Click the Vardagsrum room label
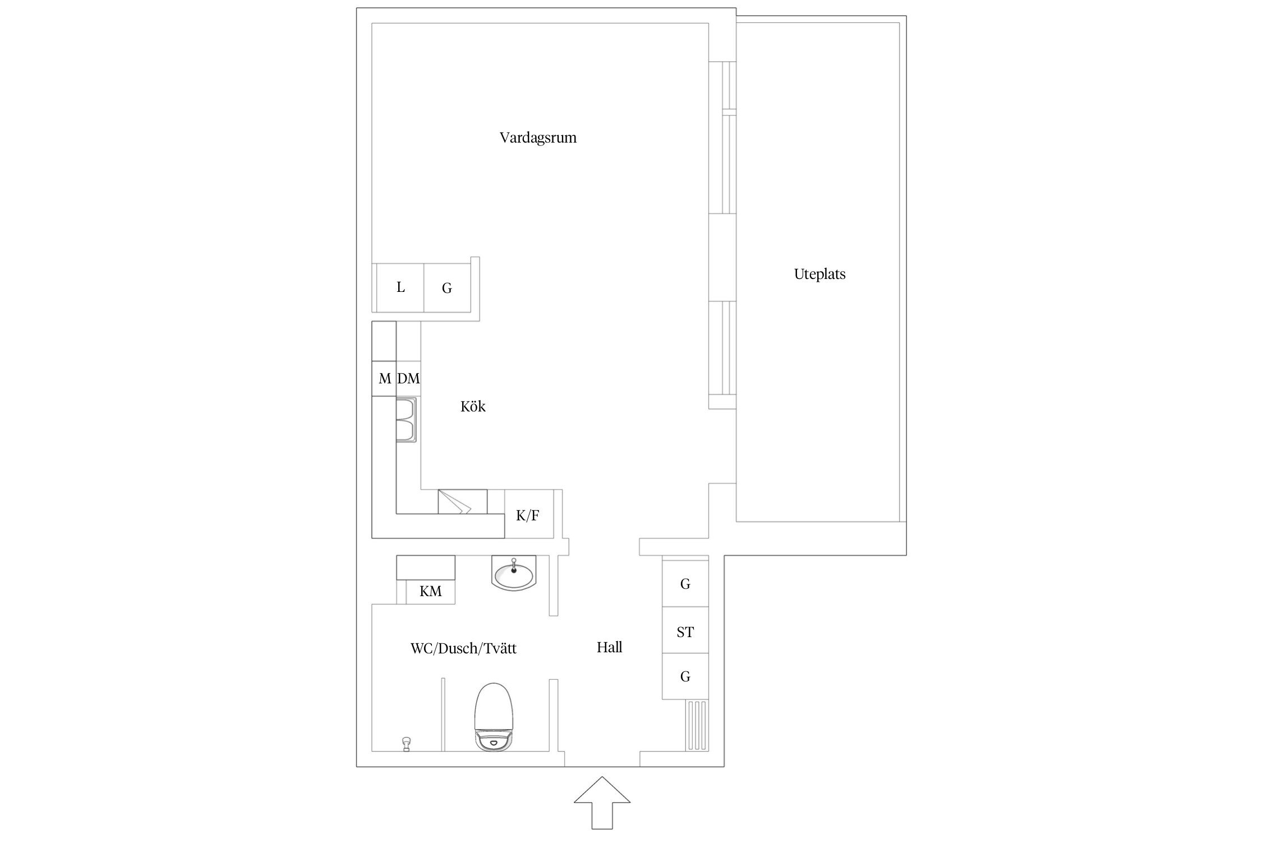(538, 138)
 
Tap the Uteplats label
(819, 274)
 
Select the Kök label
(473, 406)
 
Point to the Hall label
(610, 647)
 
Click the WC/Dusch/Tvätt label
(463, 648)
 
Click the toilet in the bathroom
(494, 717)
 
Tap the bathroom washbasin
(513, 573)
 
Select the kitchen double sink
(406, 420)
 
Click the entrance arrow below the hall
(602, 802)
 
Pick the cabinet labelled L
(400, 287)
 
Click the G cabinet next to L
(447, 287)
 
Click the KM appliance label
(431, 591)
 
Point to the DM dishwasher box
(408, 378)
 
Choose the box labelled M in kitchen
(384, 379)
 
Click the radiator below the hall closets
(697, 725)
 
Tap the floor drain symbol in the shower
(407, 744)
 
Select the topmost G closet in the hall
(685, 583)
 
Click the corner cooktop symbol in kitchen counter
(462, 501)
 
